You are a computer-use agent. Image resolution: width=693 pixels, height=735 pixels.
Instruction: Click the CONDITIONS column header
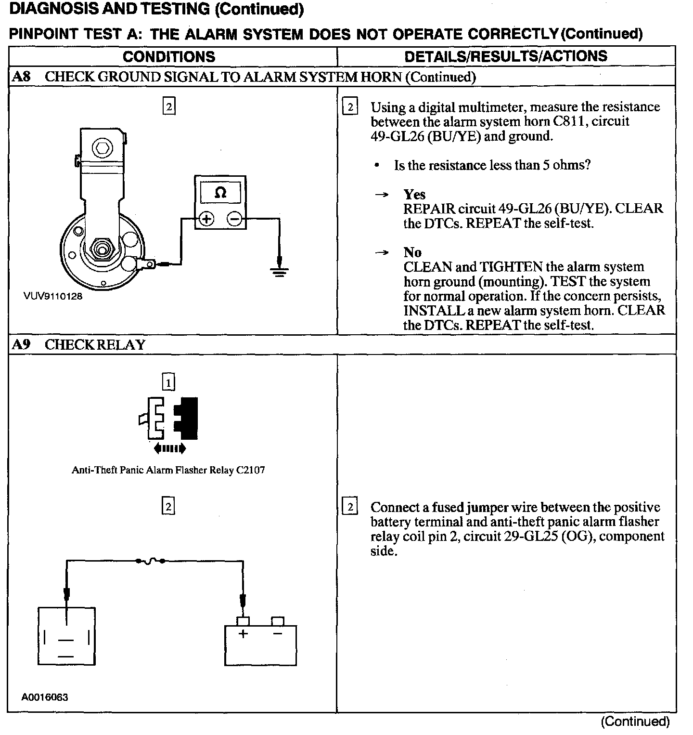pos(169,57)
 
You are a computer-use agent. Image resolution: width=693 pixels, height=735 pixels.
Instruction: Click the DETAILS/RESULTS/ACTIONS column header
pos(506,56)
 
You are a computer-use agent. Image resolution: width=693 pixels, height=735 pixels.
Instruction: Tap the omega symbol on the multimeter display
pos(220,193)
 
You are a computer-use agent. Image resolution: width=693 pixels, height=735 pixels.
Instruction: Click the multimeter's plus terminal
pos(206,219)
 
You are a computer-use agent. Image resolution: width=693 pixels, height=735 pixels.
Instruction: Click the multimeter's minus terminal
pos(234,219)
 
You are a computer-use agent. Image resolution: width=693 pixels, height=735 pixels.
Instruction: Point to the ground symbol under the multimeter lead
pos(279,273)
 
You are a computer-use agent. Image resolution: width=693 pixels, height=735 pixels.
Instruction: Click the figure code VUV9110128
pos(53,296)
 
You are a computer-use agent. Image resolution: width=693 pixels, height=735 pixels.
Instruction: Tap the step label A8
pos(21,77)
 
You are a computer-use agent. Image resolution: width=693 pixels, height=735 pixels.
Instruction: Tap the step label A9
pos(21,345)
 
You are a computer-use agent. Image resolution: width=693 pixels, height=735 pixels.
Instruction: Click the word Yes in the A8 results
pos(414,195)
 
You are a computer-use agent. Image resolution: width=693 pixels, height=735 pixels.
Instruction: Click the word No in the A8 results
pos(412,252)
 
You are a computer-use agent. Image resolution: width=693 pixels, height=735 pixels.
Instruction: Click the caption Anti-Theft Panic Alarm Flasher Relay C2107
pos(168,470)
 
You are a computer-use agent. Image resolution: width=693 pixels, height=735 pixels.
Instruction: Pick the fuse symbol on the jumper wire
pos(151,561)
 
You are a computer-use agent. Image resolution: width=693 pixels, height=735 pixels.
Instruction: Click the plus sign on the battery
pos(243,634)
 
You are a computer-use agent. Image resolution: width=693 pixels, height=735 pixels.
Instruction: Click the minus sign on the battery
pos(277,634)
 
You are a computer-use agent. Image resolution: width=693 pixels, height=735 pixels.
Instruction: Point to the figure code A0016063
pos(45,697)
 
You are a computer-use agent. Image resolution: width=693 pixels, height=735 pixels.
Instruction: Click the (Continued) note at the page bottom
pos(635,722)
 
